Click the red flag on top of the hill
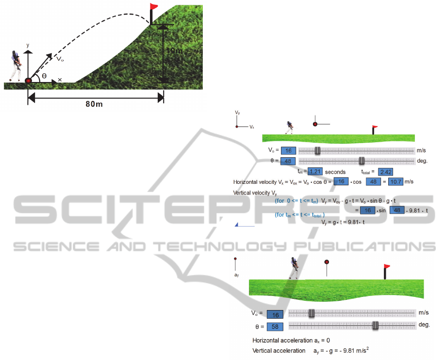[x=154, y=7]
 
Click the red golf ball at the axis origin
[x=29, y=81]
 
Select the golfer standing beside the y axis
[x=16, y=65]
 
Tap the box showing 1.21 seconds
[x=316, y=171]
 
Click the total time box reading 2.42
[x=386, y=172]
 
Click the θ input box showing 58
[x=275, y=326]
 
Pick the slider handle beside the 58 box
[x=375, y=326]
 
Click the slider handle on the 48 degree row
[x=361, y=161]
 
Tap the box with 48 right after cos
[x=374, y=181]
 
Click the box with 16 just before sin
[x=368, y=210]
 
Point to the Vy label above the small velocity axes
[x=237, y=113]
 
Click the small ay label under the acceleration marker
[x=236, y=275]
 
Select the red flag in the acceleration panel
[x=386, y=266]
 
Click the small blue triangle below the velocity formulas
[x=237, y=224]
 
